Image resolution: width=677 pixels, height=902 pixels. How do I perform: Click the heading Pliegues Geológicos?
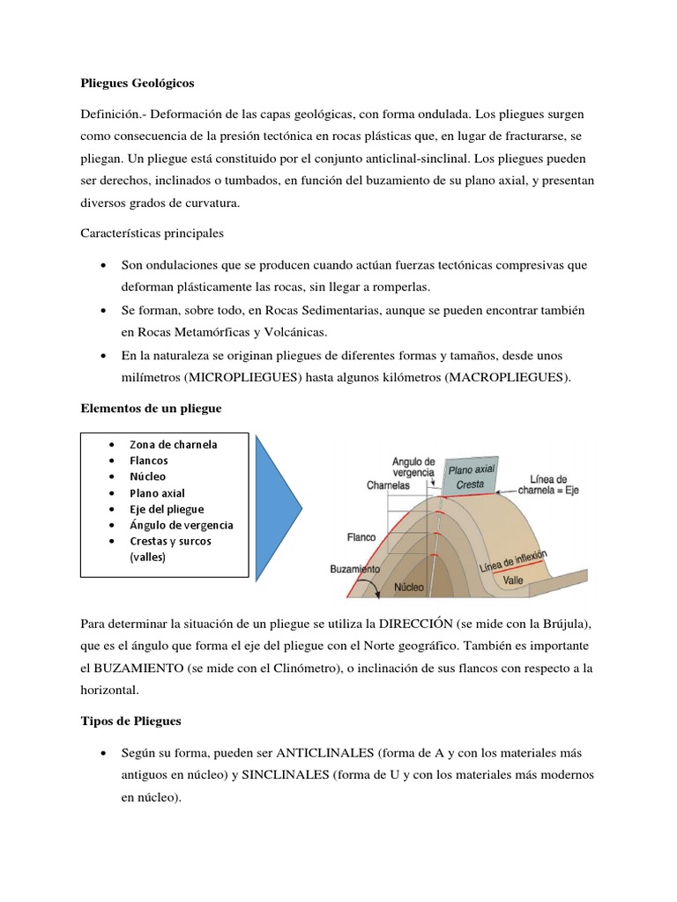tap(137, 83)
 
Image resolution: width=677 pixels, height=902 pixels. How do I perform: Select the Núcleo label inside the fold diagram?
tap(410, 586)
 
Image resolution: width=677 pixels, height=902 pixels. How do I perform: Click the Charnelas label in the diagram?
tap(389, 484)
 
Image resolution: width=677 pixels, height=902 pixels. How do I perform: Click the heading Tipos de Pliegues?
tap(130, 721)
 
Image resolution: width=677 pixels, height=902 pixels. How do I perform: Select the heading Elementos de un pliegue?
tap(151, 409)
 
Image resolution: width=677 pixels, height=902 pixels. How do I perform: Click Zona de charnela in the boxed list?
tap(174, 444)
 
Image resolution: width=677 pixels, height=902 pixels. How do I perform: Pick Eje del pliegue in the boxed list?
tap(167, 509)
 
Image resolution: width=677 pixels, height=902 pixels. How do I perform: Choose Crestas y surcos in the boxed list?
tap(170, 541)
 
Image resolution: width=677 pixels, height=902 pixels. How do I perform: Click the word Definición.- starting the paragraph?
tap(112, 116)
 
